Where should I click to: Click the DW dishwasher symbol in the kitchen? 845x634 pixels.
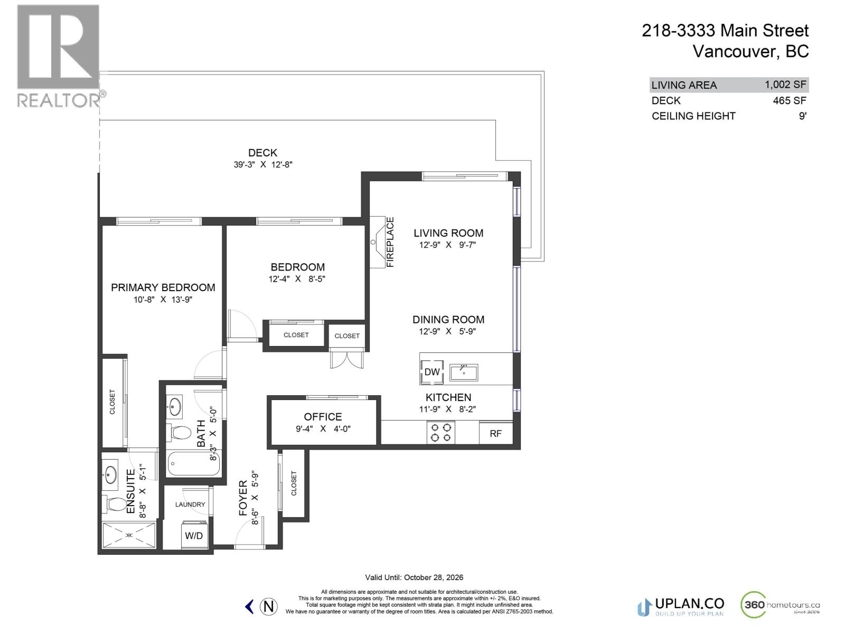click(x=431, y=372)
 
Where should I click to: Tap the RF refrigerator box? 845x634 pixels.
click(x=495, y=433)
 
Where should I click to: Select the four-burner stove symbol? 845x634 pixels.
click(x=441, y=432)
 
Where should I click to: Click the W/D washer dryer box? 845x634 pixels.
click(x=194, y=535)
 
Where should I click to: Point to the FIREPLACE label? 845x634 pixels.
click(x=390, y=242)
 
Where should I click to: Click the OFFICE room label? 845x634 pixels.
click(x=323, y=417)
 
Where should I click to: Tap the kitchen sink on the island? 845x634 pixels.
click(x=464, y=372)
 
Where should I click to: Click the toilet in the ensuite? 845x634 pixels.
click(x=116, y=504)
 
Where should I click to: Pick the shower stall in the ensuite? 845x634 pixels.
click(x=129, y=535)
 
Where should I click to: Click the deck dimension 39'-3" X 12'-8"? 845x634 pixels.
click(x=263, y=164)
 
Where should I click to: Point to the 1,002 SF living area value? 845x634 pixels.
click(x=785, y=85)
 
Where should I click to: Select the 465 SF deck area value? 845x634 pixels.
click(x=789, y=100)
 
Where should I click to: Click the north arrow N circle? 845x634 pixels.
click(x=269, y=606)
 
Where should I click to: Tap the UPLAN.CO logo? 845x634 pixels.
click(x=681, y=606)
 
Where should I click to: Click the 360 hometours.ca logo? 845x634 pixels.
click(x=780, y=605)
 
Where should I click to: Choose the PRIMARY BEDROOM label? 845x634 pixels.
click(x=163, y=287)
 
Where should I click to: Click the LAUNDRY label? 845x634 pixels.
click(x=190, y=505)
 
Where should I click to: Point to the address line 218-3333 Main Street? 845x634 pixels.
click(x=725, y=31)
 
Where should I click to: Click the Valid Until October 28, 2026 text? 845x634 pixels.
click(x=414, y=577)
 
